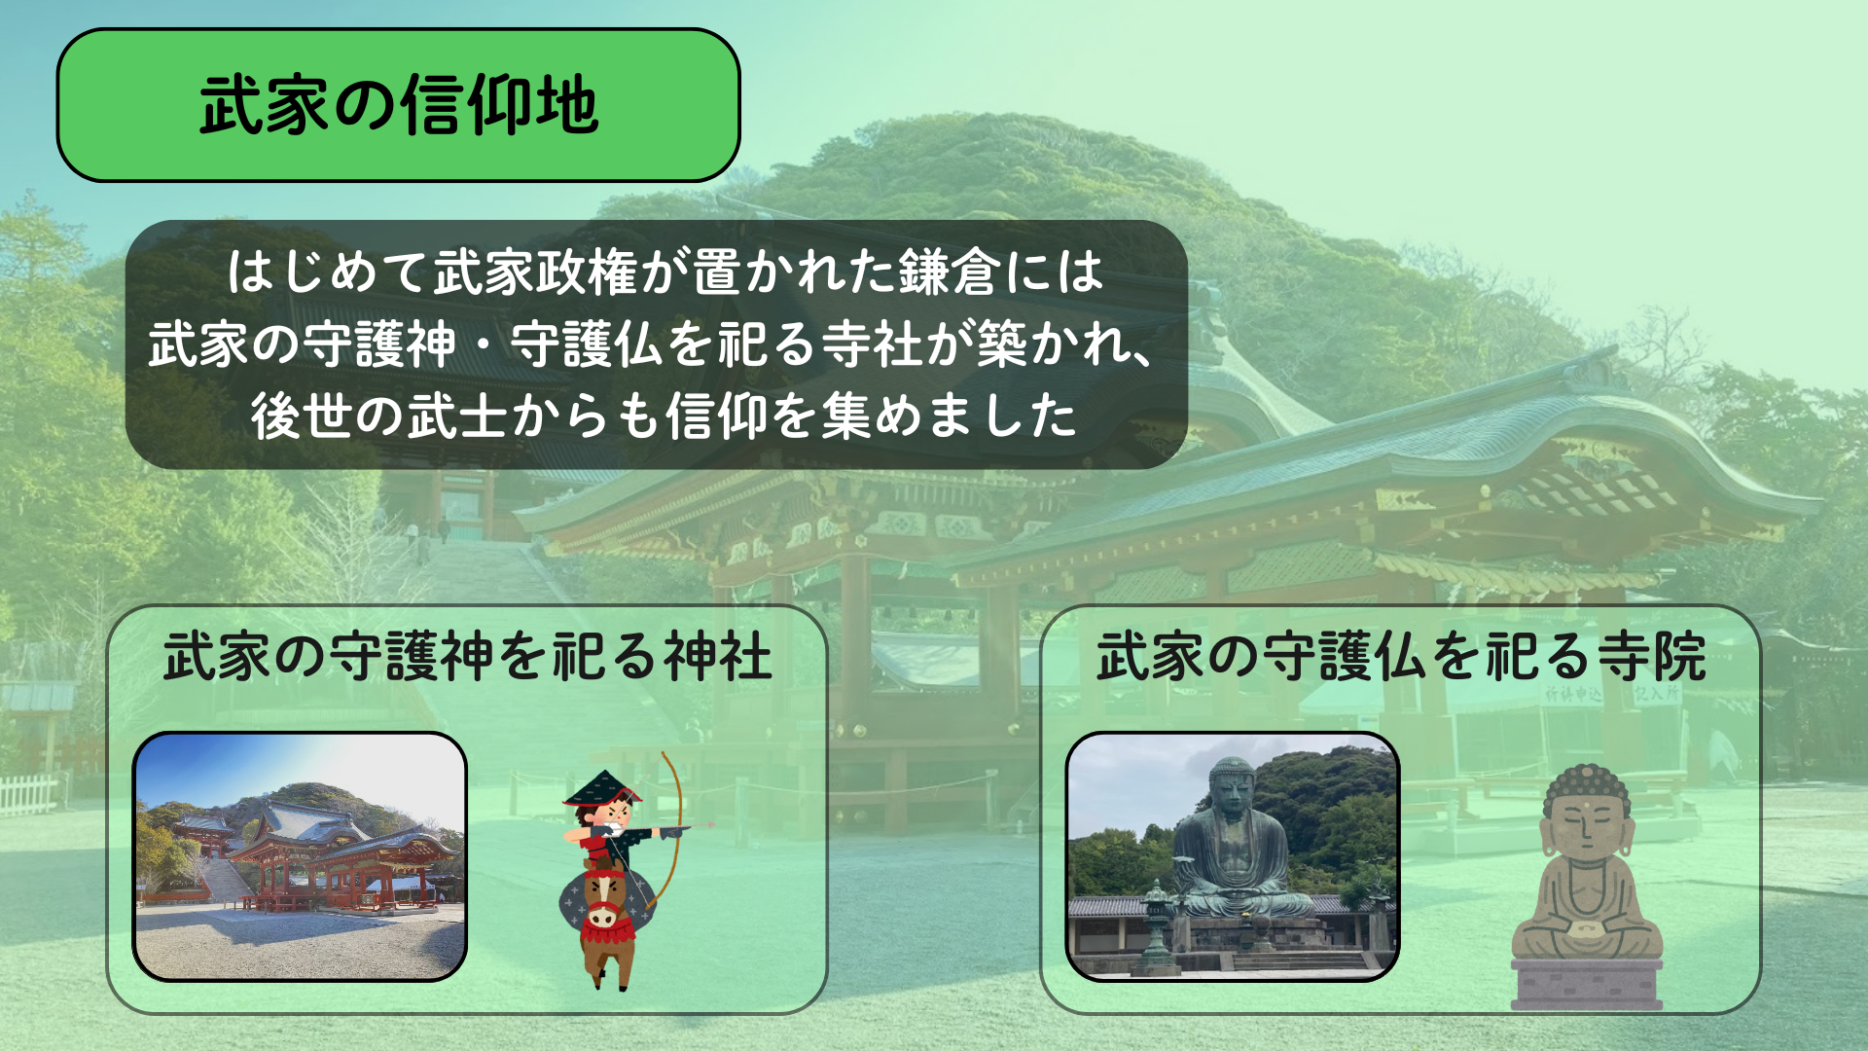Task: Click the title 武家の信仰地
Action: (398, 105)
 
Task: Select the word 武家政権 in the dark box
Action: (535, 272)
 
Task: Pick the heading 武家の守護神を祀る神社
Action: (467, 657)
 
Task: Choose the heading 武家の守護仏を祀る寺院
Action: (1401, 657)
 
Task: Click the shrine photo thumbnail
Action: (300, 856)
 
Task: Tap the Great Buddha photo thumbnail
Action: (1233, 856)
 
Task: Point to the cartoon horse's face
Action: (603, 900)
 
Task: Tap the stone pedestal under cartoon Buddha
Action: (1587, 983)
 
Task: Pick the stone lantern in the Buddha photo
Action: (1156, 924)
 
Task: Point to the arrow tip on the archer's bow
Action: (710, 825)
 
